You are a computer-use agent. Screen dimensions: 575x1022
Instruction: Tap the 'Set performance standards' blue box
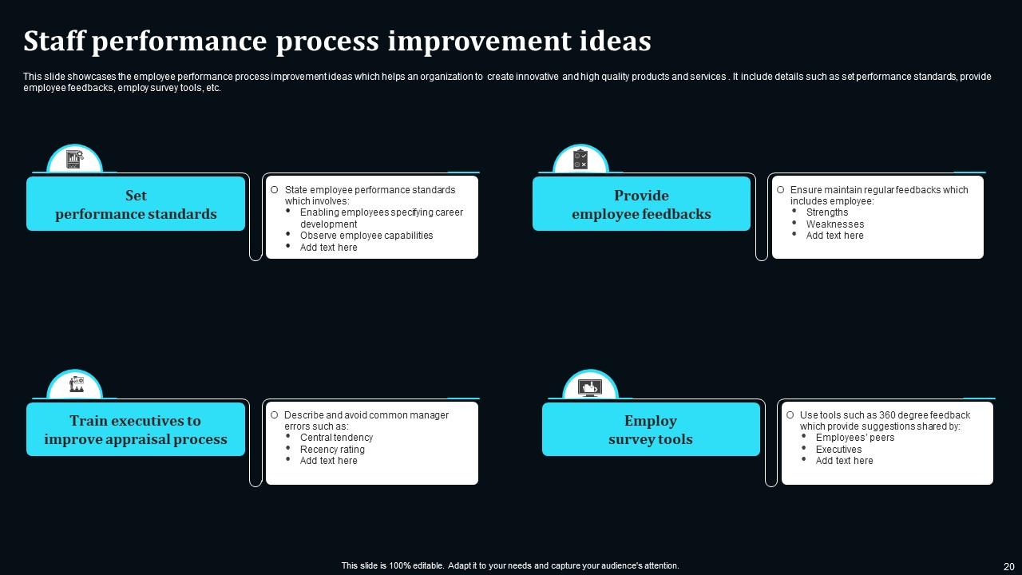point(136,204)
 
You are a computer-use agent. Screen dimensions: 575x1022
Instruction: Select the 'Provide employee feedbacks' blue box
point(641,204)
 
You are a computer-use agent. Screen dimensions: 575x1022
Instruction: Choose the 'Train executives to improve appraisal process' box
point(136,430)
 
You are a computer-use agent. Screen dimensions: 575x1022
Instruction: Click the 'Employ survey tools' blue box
point(651,430)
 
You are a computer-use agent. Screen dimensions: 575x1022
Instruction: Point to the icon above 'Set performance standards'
point(74,160)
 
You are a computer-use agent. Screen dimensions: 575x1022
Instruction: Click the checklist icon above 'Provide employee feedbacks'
point(580,160)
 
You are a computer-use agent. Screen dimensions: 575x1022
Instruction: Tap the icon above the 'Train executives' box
point(75,385)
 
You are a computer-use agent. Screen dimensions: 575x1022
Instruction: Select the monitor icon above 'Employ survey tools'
point(590,387)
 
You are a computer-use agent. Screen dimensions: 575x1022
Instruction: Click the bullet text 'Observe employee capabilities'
point(366,236)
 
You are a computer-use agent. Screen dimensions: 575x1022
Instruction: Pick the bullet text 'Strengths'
point(827,212)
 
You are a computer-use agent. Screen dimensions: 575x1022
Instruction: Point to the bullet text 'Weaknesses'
point(835,224)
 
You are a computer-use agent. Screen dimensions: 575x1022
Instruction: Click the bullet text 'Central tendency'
point(336,438)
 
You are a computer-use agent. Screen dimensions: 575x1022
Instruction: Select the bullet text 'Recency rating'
point(332,450)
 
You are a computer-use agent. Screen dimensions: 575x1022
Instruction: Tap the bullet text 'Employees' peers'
point(855,438)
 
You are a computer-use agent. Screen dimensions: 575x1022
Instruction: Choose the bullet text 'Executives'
point(838,450)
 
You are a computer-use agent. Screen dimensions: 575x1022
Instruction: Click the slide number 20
point(1008,566)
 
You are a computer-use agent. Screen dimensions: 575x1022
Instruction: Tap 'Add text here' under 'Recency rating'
point(328,461)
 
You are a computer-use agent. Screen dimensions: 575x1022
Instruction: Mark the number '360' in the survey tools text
point(889,415)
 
